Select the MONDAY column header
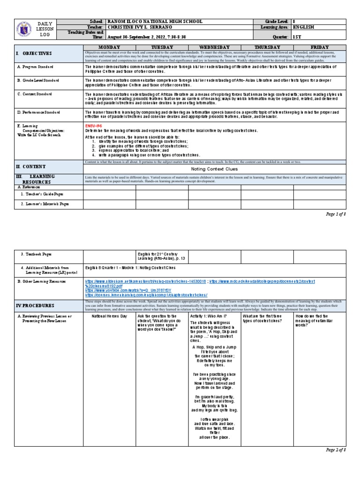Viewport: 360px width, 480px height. pyautogui.click(x=109, y=47)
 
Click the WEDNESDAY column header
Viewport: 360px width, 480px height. pyautogui.click(x=214, y=47)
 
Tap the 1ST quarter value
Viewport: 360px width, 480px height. pyautogui.click(x=298, y=36)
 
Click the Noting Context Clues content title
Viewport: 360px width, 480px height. pyautogui.click(x=214, y=169)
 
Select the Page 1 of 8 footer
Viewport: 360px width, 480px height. pyautogui.click(x=335, y=214)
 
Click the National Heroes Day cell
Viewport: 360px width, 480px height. pyautogui.click(x=109, y=316)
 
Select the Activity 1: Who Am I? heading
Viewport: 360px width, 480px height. pyautogui.click(x=209, y=316)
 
